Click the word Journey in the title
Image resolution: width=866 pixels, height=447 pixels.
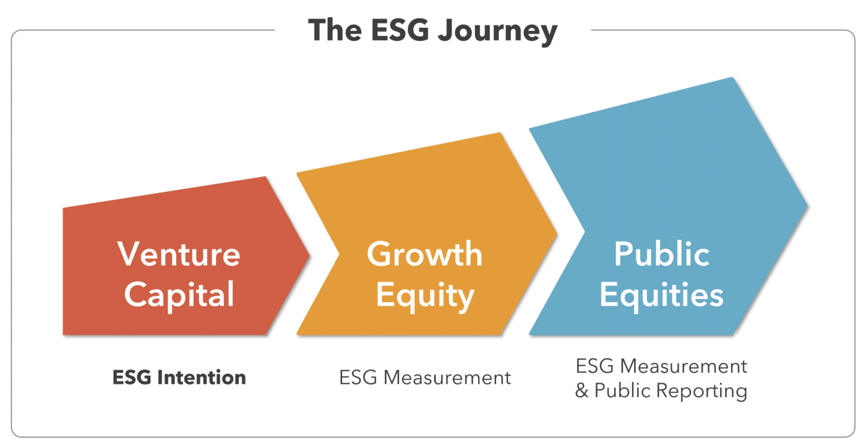pyautogui.click(x=497, y=32)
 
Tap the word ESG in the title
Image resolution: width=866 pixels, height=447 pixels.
pyautogui.click(x=400, y=30)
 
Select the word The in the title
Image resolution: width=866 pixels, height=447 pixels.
pyautogui.click(x=335, y=30)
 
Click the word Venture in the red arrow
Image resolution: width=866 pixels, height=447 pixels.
pyautogui.click(x=179, y=254)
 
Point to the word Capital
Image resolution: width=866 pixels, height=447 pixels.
pyautogui.click(x=179, y=295)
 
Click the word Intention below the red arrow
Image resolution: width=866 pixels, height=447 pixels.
pyautogui.click(x=202, y=377)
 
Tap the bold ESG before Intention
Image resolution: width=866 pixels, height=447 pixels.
pyautogui.click(x=132, y=377)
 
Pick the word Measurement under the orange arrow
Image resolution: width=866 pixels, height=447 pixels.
pyautogui.click(x=447, y=378)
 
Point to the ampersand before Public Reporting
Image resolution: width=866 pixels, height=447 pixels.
pyautogui.click(x=581, y=390)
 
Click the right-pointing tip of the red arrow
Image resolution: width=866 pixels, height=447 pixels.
pyautogui.click(x=310, y=255)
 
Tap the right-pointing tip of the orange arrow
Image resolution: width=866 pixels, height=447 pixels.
pyautogui.click(x=557, y=233)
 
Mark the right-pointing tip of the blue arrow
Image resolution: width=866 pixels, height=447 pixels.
pyautogui.click(x=808, y=206)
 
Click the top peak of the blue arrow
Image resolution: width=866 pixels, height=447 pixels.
pyautogui.click(x=732, y=77)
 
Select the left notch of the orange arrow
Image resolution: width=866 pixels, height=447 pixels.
pyautogui.click(x=339, y=254)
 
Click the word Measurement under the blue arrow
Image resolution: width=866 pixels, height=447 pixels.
pyautogui.click(x=684, y=366)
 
